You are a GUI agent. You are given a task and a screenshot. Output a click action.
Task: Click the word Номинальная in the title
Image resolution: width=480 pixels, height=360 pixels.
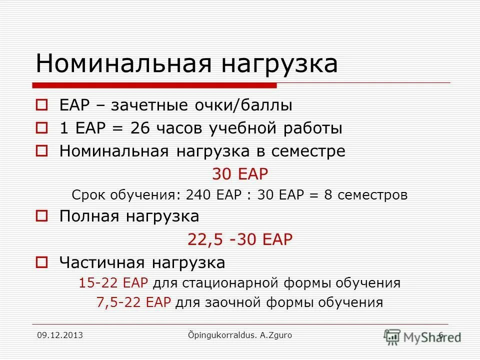click(x=117, y=64)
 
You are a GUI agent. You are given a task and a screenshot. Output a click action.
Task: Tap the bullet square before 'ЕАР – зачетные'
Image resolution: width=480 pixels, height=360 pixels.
click(x=42, y=105)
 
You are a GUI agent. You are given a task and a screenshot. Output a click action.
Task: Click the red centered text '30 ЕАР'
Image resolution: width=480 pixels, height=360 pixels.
click(x=240, y=174)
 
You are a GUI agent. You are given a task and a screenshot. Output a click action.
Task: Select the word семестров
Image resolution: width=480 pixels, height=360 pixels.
click(x=372, y=195)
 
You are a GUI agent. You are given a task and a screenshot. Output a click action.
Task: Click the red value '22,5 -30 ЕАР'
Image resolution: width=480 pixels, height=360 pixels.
click(x=239, y=239)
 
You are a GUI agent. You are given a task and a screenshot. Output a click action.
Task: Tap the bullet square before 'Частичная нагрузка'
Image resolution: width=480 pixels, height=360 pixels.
click(x=42, y=262)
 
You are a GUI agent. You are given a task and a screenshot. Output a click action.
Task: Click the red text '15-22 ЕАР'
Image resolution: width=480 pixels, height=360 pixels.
click(x=113, y=283)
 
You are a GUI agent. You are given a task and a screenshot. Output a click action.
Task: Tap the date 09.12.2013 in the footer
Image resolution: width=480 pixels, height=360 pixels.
click(x=60, y=335)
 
